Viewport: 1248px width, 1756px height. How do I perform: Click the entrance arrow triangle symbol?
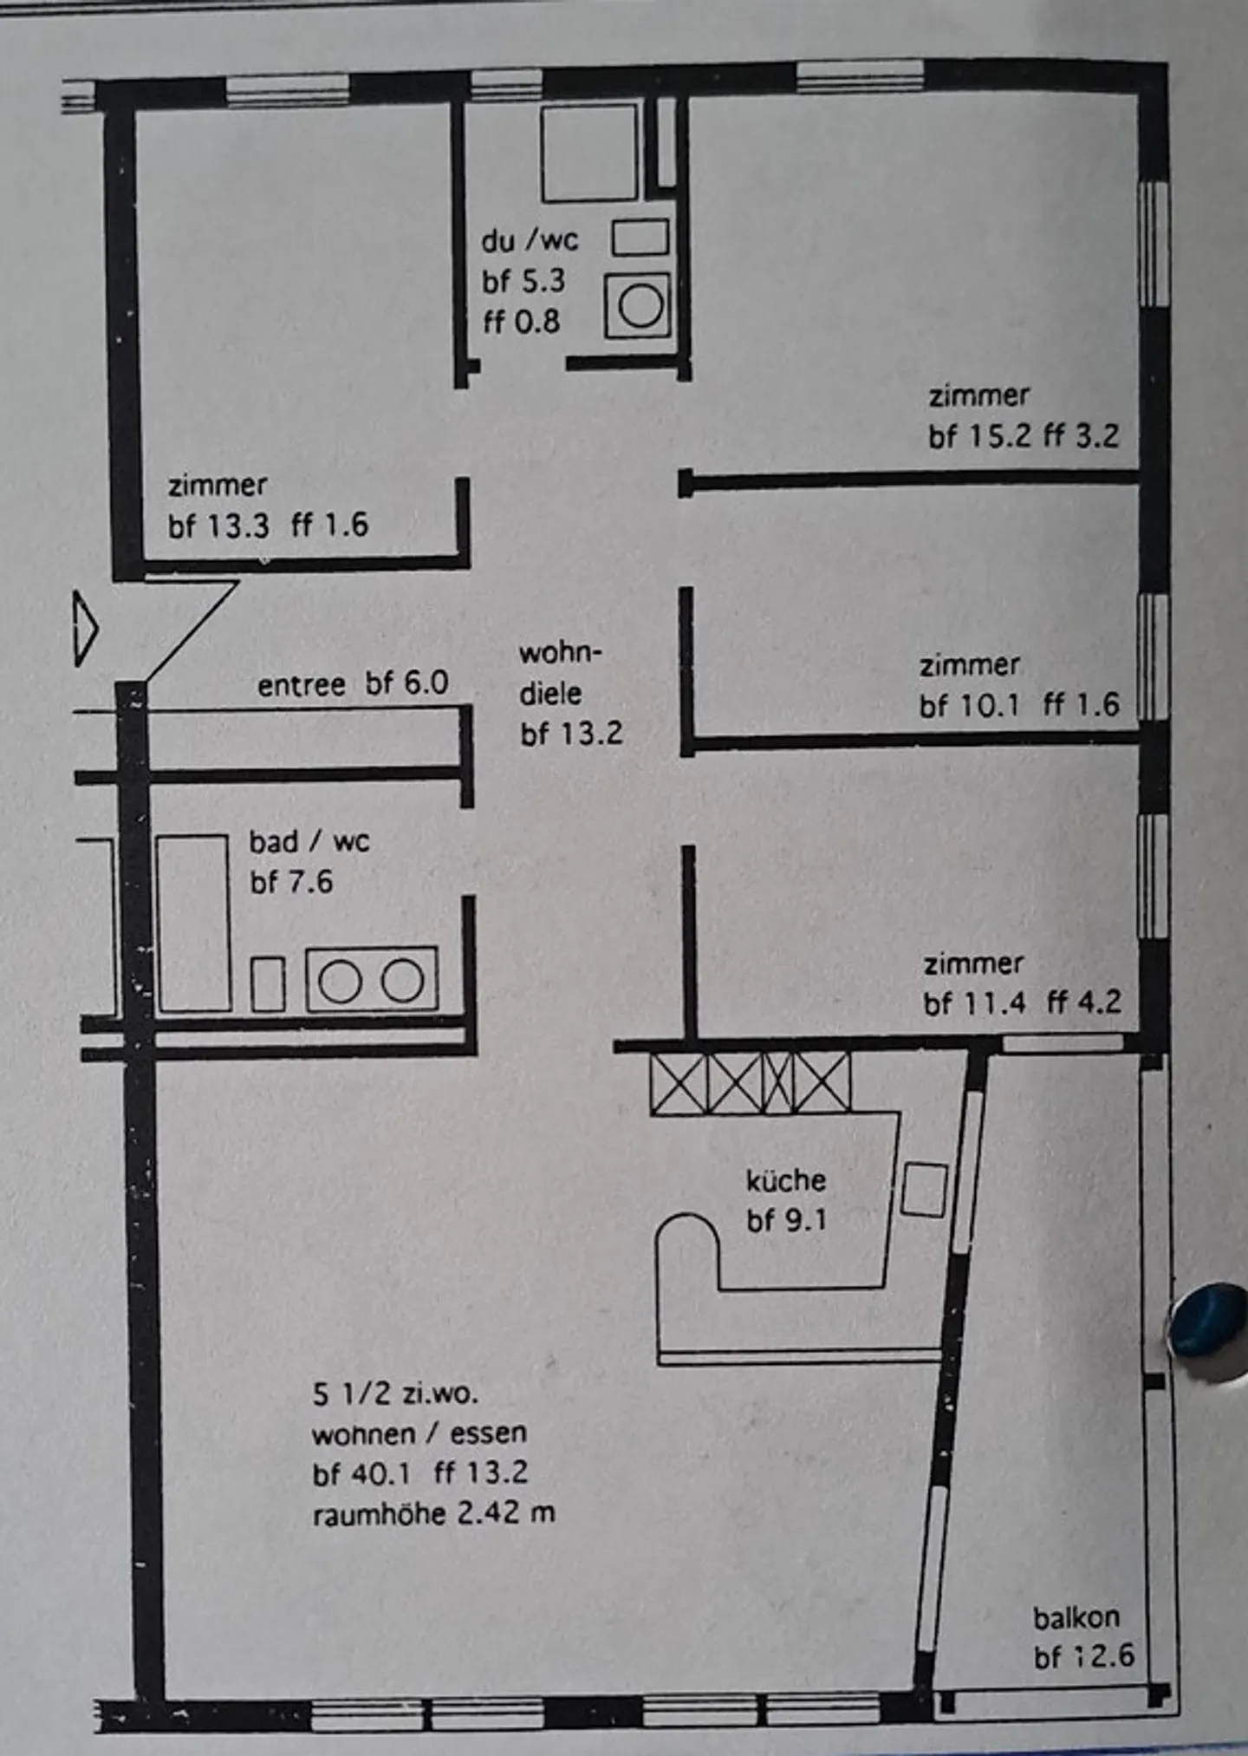(85, 629)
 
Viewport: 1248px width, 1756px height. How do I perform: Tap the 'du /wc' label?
(530, 240)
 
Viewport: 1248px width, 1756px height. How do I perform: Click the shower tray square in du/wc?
(589, 153)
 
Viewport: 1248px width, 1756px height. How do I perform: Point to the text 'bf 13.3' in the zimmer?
(218, 525)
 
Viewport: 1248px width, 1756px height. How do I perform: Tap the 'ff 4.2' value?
(1084, 1003)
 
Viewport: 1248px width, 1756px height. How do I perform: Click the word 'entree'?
(301, 686)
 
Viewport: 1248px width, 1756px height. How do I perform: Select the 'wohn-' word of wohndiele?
(560, 652)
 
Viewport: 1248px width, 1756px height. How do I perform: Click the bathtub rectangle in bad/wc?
(193, 924)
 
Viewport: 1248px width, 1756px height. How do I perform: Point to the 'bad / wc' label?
(309, 841)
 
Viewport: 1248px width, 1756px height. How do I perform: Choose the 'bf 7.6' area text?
(291, 882)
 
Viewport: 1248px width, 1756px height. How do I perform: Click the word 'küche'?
(786, 1180)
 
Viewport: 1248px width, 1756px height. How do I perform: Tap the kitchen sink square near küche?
(924, 1189)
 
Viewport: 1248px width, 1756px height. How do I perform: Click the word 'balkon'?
(1076, 1617)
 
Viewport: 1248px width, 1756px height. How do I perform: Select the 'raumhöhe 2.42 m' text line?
(433, 1514)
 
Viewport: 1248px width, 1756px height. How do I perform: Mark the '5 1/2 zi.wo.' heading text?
(395, 1394)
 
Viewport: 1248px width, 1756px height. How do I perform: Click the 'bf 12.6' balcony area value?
(1083, 1657)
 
